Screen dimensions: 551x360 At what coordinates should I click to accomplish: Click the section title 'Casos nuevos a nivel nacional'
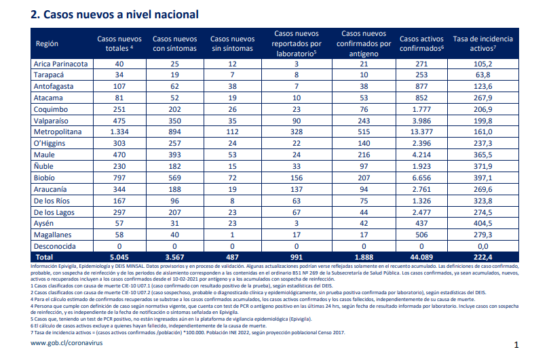point(121,14)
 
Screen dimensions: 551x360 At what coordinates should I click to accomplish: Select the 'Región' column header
point(47,43)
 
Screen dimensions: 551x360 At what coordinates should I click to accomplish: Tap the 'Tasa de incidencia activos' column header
point(483,43)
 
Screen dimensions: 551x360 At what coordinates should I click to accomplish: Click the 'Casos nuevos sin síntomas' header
point(232,43)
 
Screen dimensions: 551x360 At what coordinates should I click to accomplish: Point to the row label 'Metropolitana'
point(58,132)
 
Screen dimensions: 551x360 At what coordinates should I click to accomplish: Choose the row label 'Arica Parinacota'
point(60,64)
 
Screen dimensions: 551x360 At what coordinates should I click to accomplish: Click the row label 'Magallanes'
point(52,235)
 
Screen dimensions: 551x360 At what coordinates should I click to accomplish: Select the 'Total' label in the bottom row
point(44,257)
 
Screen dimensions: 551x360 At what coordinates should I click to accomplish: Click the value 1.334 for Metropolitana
point(119,132)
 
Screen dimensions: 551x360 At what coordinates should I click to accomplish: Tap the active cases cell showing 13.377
point(421,132)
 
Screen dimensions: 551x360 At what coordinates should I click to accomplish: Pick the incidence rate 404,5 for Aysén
point(483,223)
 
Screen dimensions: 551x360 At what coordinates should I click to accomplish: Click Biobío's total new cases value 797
point(119,178)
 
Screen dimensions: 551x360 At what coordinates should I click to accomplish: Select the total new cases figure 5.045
point(119,257)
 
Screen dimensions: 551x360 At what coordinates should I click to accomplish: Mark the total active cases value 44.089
point(421,257)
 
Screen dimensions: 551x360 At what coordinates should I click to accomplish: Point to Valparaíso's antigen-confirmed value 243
point(364,121)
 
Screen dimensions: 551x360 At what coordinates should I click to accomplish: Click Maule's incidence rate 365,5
point(483,155)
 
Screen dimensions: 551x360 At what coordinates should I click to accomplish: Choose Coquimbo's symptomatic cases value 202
point(174,109)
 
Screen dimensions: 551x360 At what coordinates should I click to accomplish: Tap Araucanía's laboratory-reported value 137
point(297,189)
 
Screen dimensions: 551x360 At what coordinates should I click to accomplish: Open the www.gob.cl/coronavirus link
point(66,343)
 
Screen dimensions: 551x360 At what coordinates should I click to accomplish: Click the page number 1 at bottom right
point(516,345)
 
